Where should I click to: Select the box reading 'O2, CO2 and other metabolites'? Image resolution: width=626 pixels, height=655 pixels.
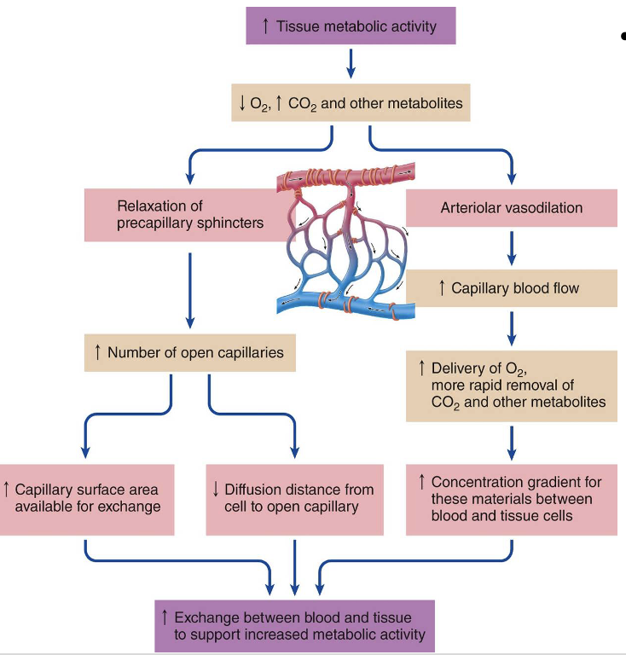(350, 103)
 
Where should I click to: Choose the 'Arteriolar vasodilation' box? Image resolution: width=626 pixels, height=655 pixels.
(512, 208)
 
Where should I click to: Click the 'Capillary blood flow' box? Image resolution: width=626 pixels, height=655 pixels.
(512, 288)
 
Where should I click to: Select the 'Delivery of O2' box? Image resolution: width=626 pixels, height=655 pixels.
(512, 385)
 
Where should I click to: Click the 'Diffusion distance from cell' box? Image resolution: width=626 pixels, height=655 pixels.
(293, 499)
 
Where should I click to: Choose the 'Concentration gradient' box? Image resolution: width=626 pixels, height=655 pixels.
(512, 499)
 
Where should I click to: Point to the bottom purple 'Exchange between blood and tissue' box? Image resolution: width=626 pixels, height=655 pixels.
(294, 626)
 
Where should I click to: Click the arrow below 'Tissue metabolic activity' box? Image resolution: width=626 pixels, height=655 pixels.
(350, 63)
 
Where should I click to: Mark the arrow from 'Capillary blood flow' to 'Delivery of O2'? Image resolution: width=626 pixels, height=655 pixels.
(512, 326)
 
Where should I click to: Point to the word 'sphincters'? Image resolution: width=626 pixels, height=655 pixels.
(227, 223)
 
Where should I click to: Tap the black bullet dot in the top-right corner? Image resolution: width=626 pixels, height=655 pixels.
(623, 37)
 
